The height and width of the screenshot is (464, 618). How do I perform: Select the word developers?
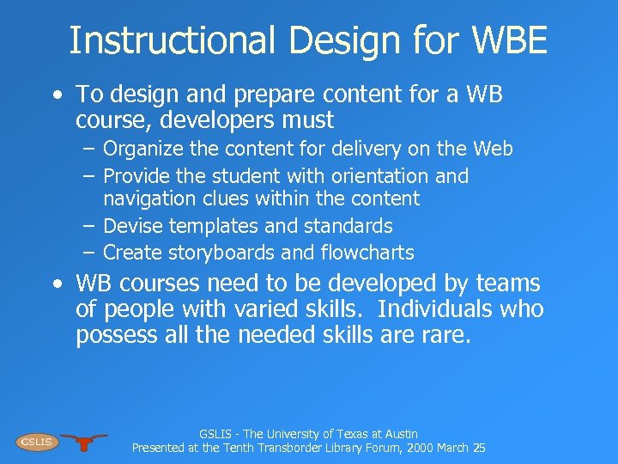click(x=198, y=119)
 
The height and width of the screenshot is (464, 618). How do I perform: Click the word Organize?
click(x=142, y=150)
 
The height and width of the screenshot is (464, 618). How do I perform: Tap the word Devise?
click(x=133, y=226)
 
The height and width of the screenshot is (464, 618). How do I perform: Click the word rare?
click(x=446, y=335)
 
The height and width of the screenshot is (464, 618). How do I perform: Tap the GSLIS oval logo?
click(x=36, y=442)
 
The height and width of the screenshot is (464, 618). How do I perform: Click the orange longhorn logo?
click(x=84, y=442)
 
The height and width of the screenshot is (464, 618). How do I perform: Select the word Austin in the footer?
click(x=397, y=435)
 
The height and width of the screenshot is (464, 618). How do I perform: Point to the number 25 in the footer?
click(x=479, y=448)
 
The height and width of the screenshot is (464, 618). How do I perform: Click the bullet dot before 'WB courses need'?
click(x=56, y=284)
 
